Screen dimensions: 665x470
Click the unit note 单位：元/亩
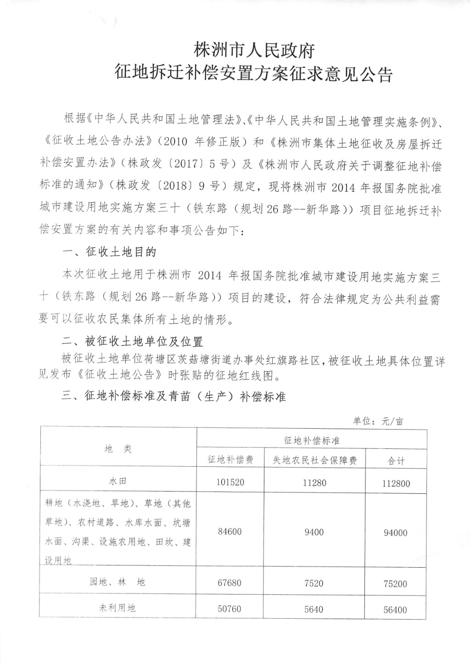click(x=378, y=420)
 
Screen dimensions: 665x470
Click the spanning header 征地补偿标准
click(x=312, y=441)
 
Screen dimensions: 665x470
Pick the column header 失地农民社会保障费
click(x=314, y=460)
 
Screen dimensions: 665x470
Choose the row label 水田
click(x=118, y=481)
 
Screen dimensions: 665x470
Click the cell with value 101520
click(x=230, y=482)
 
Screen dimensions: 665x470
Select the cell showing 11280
click(x=314, y=482)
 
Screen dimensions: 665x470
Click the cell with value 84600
click(x=230, y=531)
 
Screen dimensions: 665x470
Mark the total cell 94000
click(x=395, y=533)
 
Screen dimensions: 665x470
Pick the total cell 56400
click(x=395, y=610)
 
